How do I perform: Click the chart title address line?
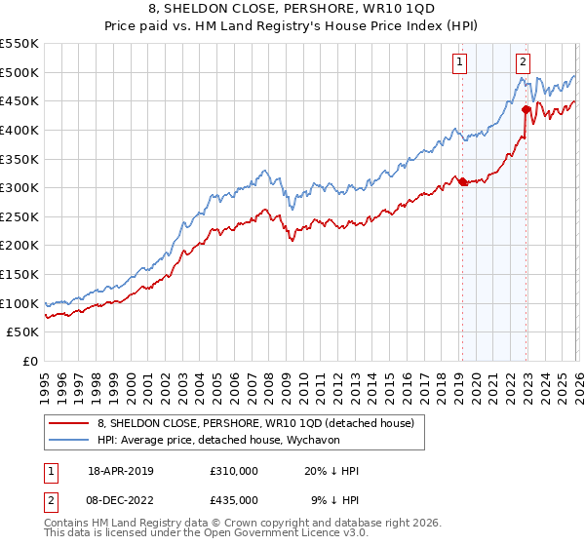(292, 11)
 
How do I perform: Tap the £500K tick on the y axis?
(19, 72)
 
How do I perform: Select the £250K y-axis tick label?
(19, 216)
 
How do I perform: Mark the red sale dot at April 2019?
(462, 181)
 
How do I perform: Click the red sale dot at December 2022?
(526, 109)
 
